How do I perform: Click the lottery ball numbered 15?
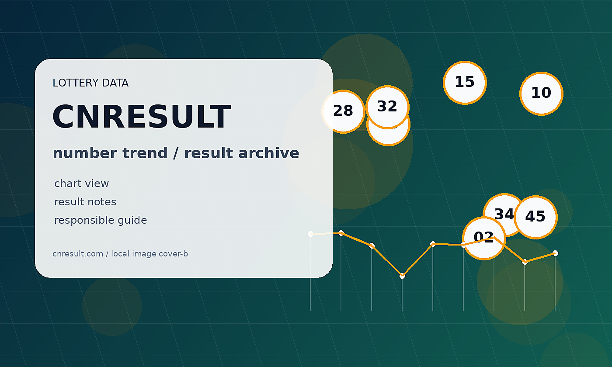[x=465, y=83]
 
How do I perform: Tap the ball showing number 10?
[x=541, y=93]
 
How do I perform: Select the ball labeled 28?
[x=344, y=111]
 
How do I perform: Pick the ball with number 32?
[x=388, y=107]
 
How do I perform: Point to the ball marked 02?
[x=484, y=238]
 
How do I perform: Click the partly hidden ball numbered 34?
[x=500, y=210]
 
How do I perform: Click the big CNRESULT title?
[x=142, y=117]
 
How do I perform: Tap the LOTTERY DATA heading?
[x=90, y=83]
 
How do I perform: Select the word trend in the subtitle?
[x=145, y=153]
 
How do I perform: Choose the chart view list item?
[x=81, y=183]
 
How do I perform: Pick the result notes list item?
[x=85, y=202]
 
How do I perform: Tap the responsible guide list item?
[x=101, y=220]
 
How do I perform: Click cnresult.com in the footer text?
[x=78, y=254]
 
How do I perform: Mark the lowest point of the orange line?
[x=402, y=276]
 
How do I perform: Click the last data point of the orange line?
[x=555, y=253]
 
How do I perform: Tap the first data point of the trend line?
[x=310, y=234]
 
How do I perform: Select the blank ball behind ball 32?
[x=388, y=136]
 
